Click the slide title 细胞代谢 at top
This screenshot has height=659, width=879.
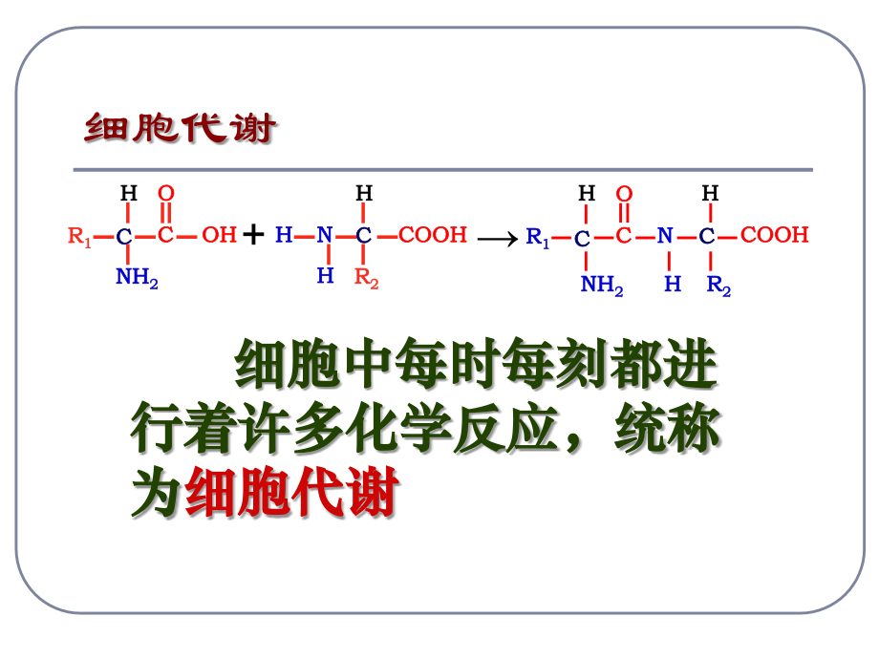coord(180,128)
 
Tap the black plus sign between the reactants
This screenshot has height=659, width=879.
coord(253,234)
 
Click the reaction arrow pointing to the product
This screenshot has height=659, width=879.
coord(498,240)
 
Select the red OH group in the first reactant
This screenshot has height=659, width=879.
coord(219,235)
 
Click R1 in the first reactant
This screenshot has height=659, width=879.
coord(79,236)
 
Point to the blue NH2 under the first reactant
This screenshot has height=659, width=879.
coord(137,277)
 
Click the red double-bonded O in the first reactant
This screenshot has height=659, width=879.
coord(166,193)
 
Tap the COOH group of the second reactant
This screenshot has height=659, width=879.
coord(433,235)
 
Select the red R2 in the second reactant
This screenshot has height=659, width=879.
coord(366,278)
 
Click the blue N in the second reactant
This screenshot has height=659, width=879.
coord(325,235)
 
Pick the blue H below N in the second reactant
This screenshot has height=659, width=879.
coord(325,275)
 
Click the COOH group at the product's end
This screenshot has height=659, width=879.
coord(775,235)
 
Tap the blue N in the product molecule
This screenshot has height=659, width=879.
coord(665,235)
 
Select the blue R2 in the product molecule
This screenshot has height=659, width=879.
coord(718,286)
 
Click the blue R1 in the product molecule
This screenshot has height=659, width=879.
coord(537,237)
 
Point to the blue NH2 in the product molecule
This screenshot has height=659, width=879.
coord(602,285)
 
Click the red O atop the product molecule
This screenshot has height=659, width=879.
coord(624,194)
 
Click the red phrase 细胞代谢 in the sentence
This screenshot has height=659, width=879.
coord(291,492)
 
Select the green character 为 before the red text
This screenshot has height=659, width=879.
coord(157,492)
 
